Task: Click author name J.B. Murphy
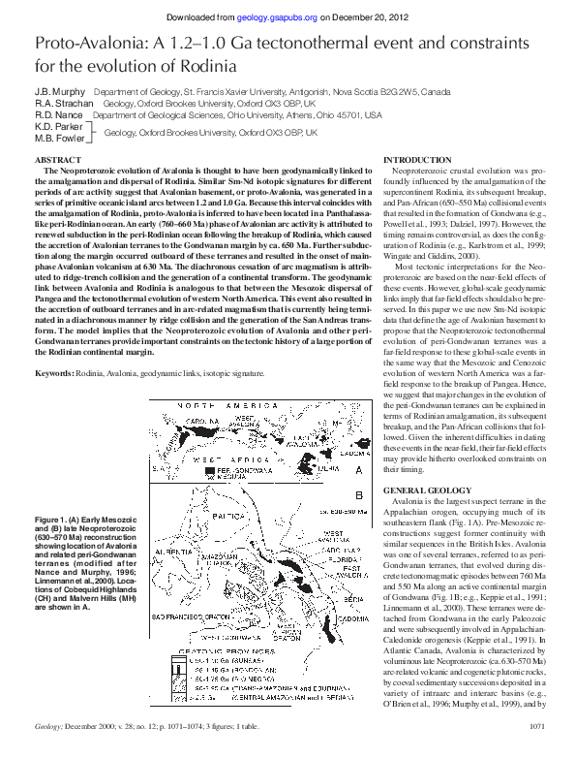click(x=57, y=89)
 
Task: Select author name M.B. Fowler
click(x=58, y=138)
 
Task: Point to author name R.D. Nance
click(x=56, y=114)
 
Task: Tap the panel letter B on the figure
click(x=358, y=495)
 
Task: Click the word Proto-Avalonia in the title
click(x=95, y=46)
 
